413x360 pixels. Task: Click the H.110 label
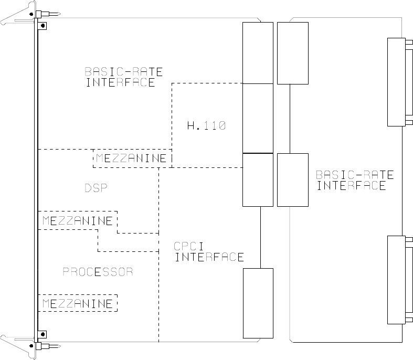tap(206, 125)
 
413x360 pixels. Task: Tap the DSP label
tap(96, 188)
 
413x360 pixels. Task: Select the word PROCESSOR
tap(98, 272)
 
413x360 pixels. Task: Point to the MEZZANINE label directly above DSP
tap(132, 158)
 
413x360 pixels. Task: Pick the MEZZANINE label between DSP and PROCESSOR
tap(77, 221)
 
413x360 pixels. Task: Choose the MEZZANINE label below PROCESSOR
tap(77, 304)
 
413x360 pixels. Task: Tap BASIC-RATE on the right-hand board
tap(355, 175)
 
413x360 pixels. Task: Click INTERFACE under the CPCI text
tap(209, 257)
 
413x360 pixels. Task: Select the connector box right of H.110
tap(258, 118)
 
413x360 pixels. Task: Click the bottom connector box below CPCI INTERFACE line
tap(258, 303)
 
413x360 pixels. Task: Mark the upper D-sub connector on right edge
tap(395, 82)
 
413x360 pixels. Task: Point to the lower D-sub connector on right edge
tap(395, 279)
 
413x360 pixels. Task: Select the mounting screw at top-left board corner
tap(43, 25)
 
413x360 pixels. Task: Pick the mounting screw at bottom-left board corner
tap(43, 334)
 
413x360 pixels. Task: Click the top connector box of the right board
tap(292, 53)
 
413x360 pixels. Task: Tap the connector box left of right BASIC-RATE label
tap(292, 179)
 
